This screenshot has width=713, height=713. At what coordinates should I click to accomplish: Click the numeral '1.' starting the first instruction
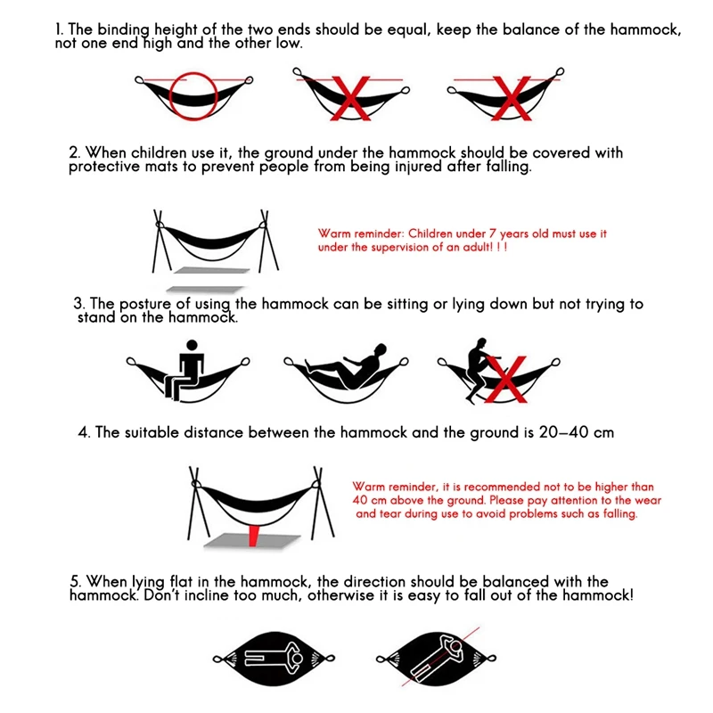pos(61,29)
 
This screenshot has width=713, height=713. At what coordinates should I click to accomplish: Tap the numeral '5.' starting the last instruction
pos(75,582)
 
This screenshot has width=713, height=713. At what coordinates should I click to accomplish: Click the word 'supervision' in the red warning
pos(401,247)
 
